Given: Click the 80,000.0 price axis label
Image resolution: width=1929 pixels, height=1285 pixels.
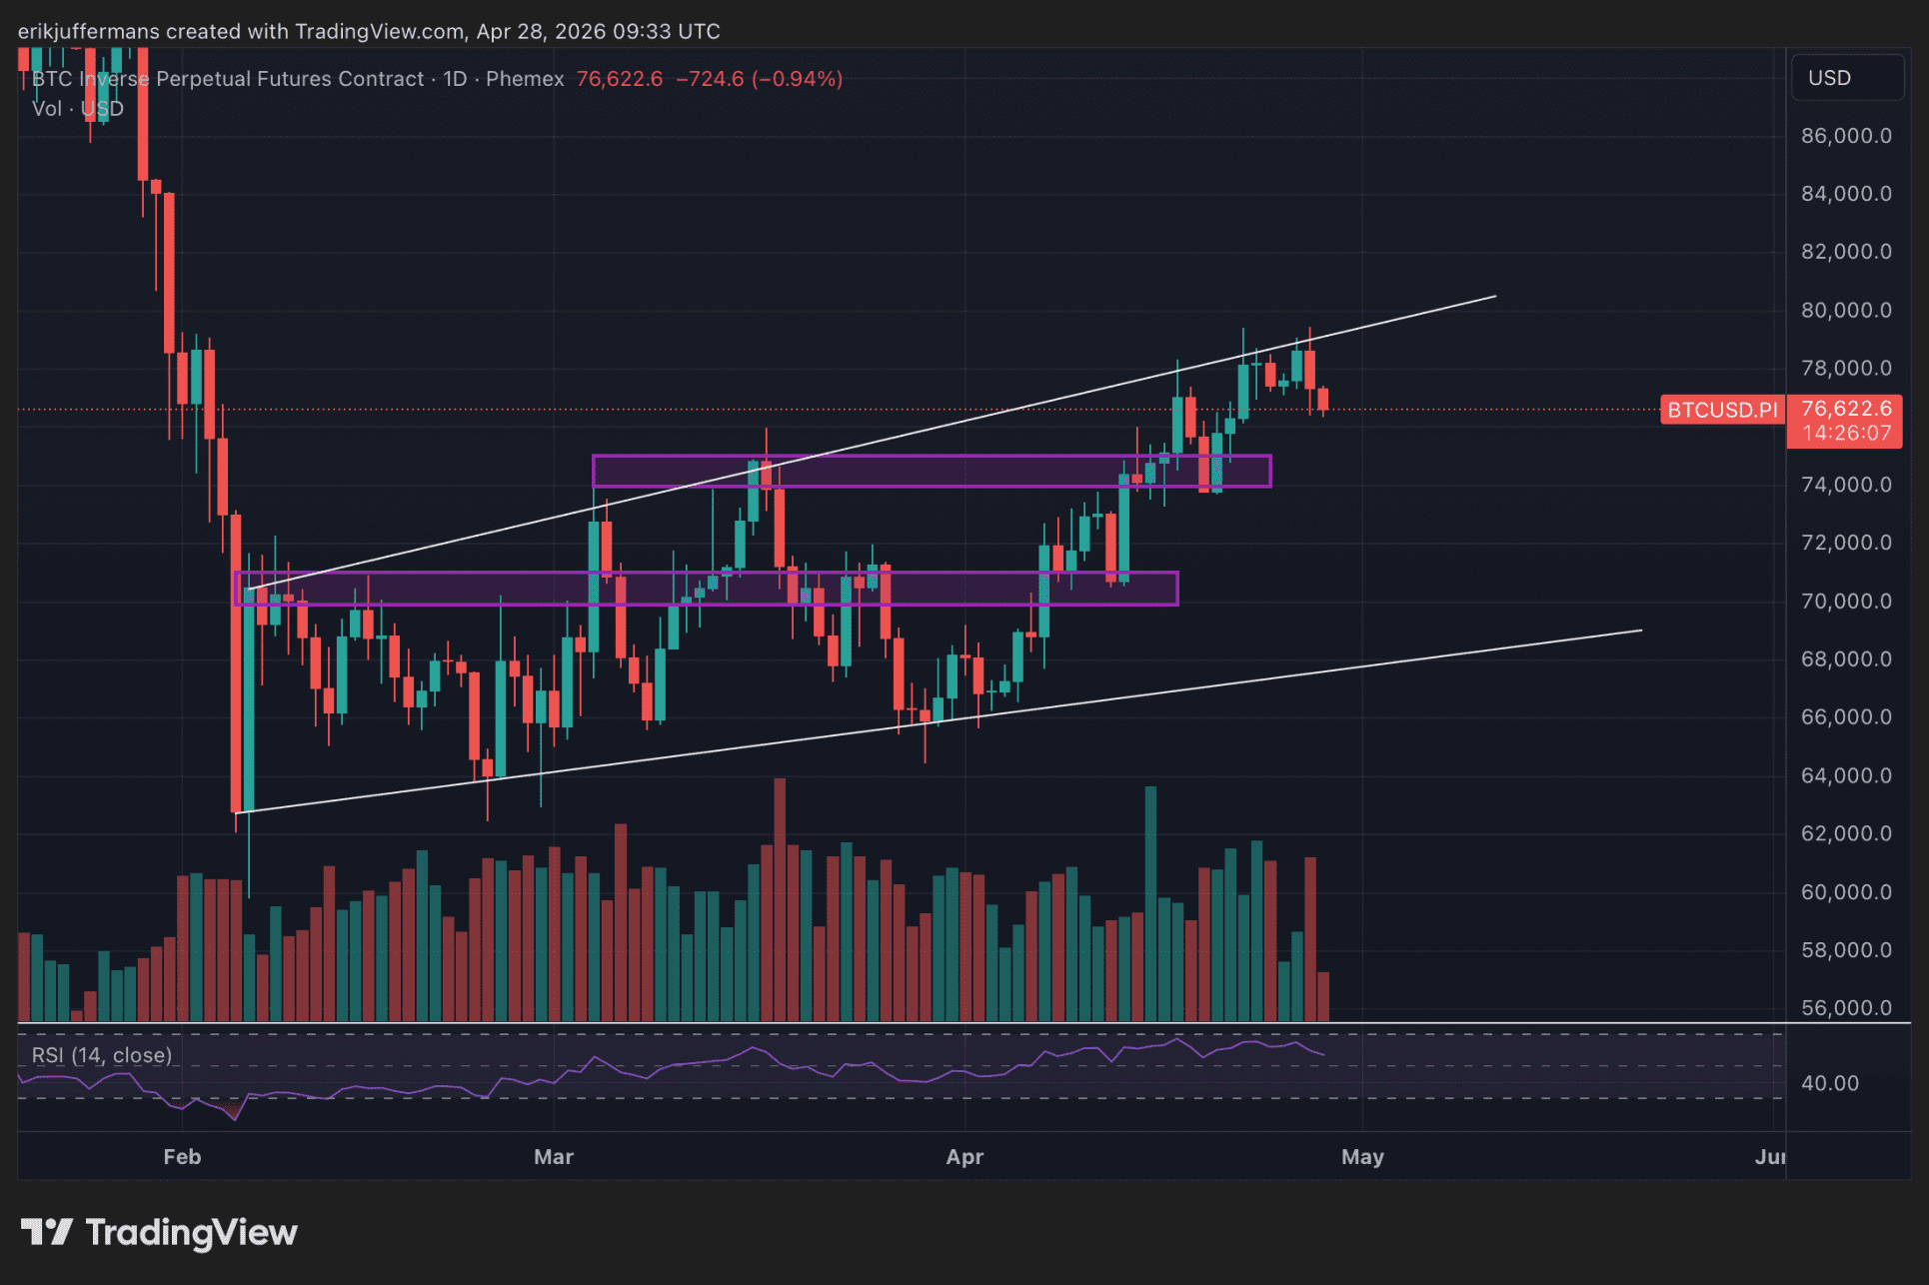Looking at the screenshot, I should [1845, 310].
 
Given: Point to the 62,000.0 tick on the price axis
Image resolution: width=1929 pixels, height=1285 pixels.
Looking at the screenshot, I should [1845, 833].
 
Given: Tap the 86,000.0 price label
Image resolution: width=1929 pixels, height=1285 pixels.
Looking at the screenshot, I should [1845, 136].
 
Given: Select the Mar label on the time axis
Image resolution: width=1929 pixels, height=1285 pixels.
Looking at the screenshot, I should [554, 1157].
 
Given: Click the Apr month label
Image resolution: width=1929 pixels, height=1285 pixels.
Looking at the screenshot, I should [964, 1157].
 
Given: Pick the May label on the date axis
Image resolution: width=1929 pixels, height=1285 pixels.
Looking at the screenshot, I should [1362, 1157].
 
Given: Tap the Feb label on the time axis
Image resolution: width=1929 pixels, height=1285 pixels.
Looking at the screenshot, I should [182, 1157].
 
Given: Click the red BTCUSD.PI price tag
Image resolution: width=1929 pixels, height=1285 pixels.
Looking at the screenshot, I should [1722, 410].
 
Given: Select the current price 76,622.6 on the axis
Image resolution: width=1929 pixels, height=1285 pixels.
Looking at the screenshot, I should [1846, 409].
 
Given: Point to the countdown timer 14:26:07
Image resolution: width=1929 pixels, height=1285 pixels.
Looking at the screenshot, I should [1846, 434].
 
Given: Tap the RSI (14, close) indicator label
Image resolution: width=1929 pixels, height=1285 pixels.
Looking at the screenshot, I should [102, 1055].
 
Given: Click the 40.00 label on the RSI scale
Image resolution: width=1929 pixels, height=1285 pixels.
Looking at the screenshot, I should [1829, 1083].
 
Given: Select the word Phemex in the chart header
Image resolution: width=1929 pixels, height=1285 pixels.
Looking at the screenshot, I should [525, 79].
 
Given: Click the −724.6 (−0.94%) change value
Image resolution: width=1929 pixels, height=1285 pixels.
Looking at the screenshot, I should [759, 79].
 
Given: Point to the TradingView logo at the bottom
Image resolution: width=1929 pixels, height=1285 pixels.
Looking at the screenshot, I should [160, 1233].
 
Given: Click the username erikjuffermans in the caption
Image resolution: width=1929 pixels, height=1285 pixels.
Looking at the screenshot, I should [88, 31].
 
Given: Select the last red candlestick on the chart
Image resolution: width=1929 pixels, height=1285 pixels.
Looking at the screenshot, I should [1323, 400].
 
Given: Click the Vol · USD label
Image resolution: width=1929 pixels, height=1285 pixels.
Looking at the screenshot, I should [78, 109].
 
